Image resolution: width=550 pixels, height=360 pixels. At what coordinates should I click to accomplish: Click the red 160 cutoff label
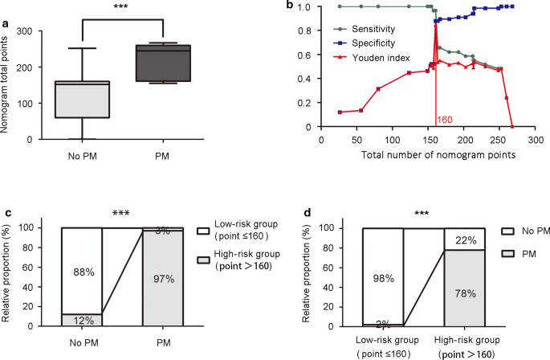pyautogui.click(x=445, y=120)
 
